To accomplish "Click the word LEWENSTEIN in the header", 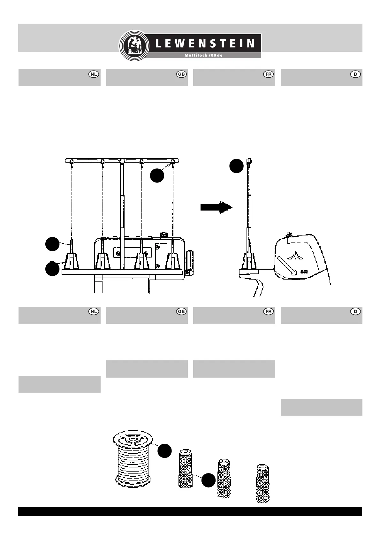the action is (205, 43).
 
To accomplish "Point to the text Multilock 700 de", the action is (203, 55).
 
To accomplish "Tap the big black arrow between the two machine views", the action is (216, 207).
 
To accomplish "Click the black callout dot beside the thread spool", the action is (164, 450).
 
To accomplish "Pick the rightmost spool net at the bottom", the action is (263, 483).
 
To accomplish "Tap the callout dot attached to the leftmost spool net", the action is (208, 480).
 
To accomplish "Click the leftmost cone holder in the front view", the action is (72, 261).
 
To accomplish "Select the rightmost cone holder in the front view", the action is (172, 261).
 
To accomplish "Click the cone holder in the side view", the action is (249, 261).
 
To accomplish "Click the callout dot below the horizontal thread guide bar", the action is (157, 176).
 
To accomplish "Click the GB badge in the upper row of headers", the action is (181, 74).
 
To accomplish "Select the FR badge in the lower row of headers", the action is (269, 311).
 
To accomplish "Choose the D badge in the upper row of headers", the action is (355, 74).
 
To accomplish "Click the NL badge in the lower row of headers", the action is (94, 311).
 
